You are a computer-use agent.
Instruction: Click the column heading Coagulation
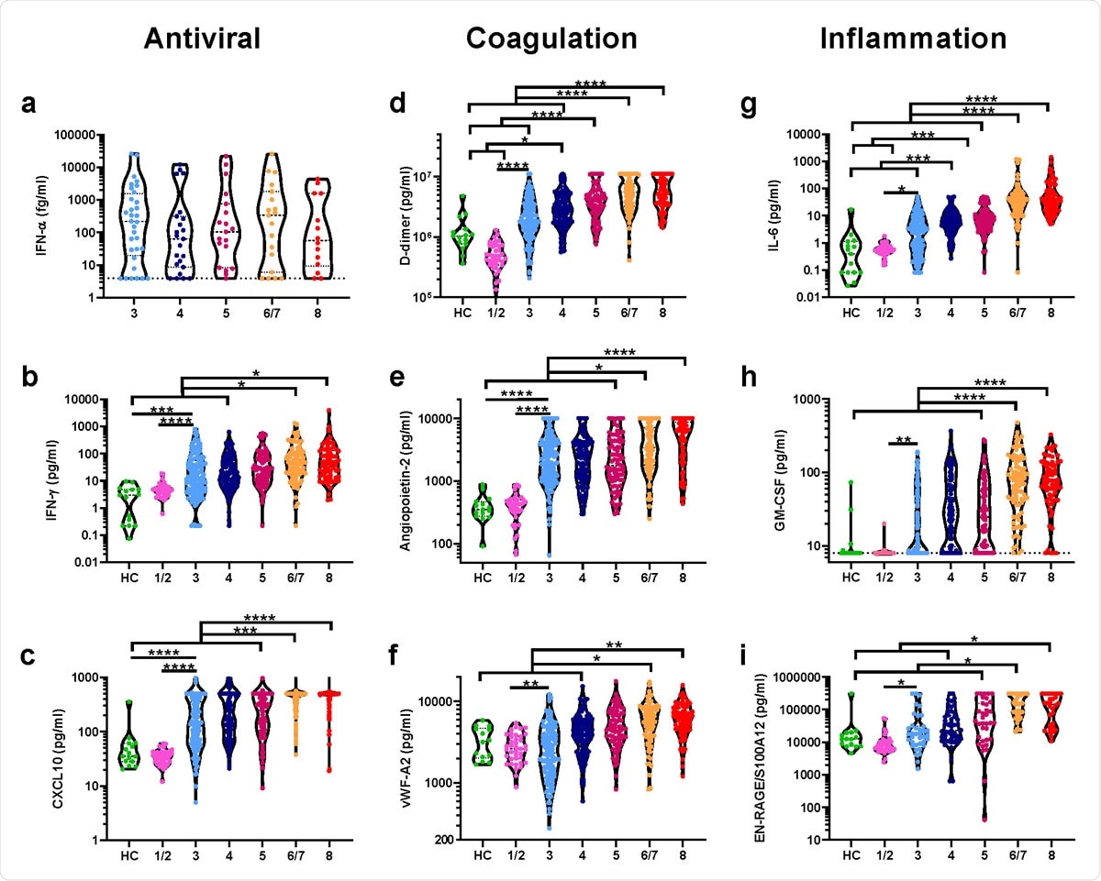tap(550, 39)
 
